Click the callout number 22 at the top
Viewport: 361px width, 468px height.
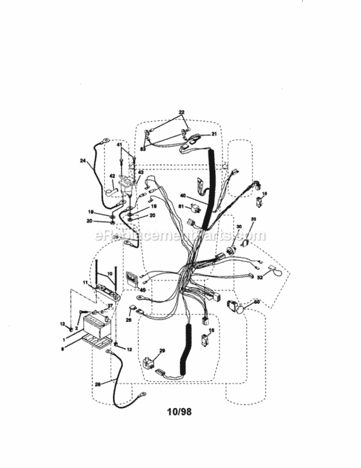pos(181,113)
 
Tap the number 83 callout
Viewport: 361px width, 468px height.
pos(143,149)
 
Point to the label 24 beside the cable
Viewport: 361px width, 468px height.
pos(82,160)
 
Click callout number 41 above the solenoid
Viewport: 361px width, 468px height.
pos(120,145)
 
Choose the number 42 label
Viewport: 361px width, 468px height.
pos(112,177)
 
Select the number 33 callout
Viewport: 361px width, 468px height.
pos(254,219)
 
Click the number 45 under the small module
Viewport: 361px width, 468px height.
pos(143,289)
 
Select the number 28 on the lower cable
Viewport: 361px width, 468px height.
pos(97,384)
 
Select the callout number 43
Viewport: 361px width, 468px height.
pos(141,172)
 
